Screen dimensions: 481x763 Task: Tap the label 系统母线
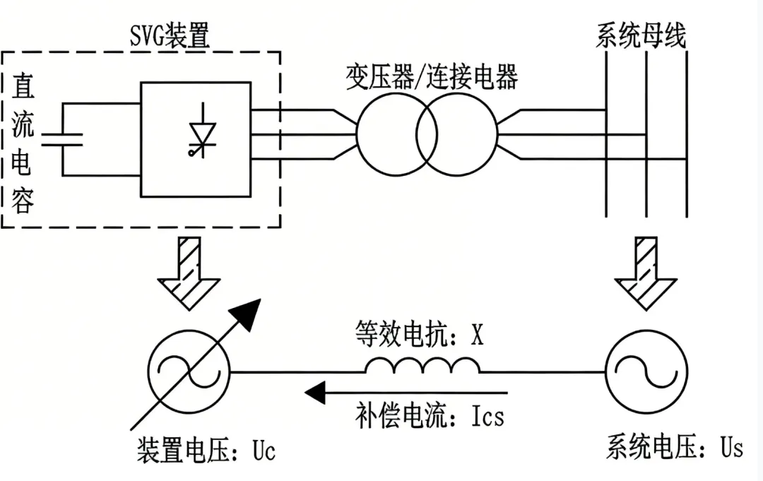pos(641,35)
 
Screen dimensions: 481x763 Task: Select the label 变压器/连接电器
pos(432,76)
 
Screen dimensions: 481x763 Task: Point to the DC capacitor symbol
pos(63,138)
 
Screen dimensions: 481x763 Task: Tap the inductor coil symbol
pos(422,366)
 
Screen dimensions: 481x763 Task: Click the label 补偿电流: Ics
pos(430,416)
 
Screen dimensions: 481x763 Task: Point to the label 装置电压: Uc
pos(206,450)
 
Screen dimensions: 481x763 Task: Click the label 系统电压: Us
pos(674,448)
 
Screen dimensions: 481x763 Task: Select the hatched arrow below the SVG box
pos(189,271)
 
